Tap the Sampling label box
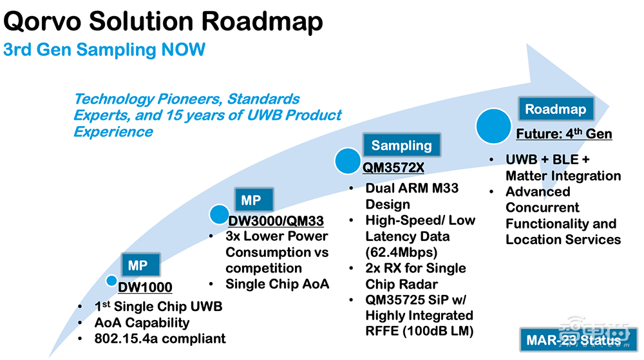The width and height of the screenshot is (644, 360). click(x=401, y=145)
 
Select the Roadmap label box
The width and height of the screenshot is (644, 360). click(x=555, y=109)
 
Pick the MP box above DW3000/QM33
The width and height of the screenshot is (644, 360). click(x=251, y=200)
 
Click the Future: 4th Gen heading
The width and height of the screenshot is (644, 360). click(x=564, y=134)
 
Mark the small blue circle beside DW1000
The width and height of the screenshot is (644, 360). click(x=112, y=281)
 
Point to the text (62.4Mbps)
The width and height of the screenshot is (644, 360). click(x=400, y=252)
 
